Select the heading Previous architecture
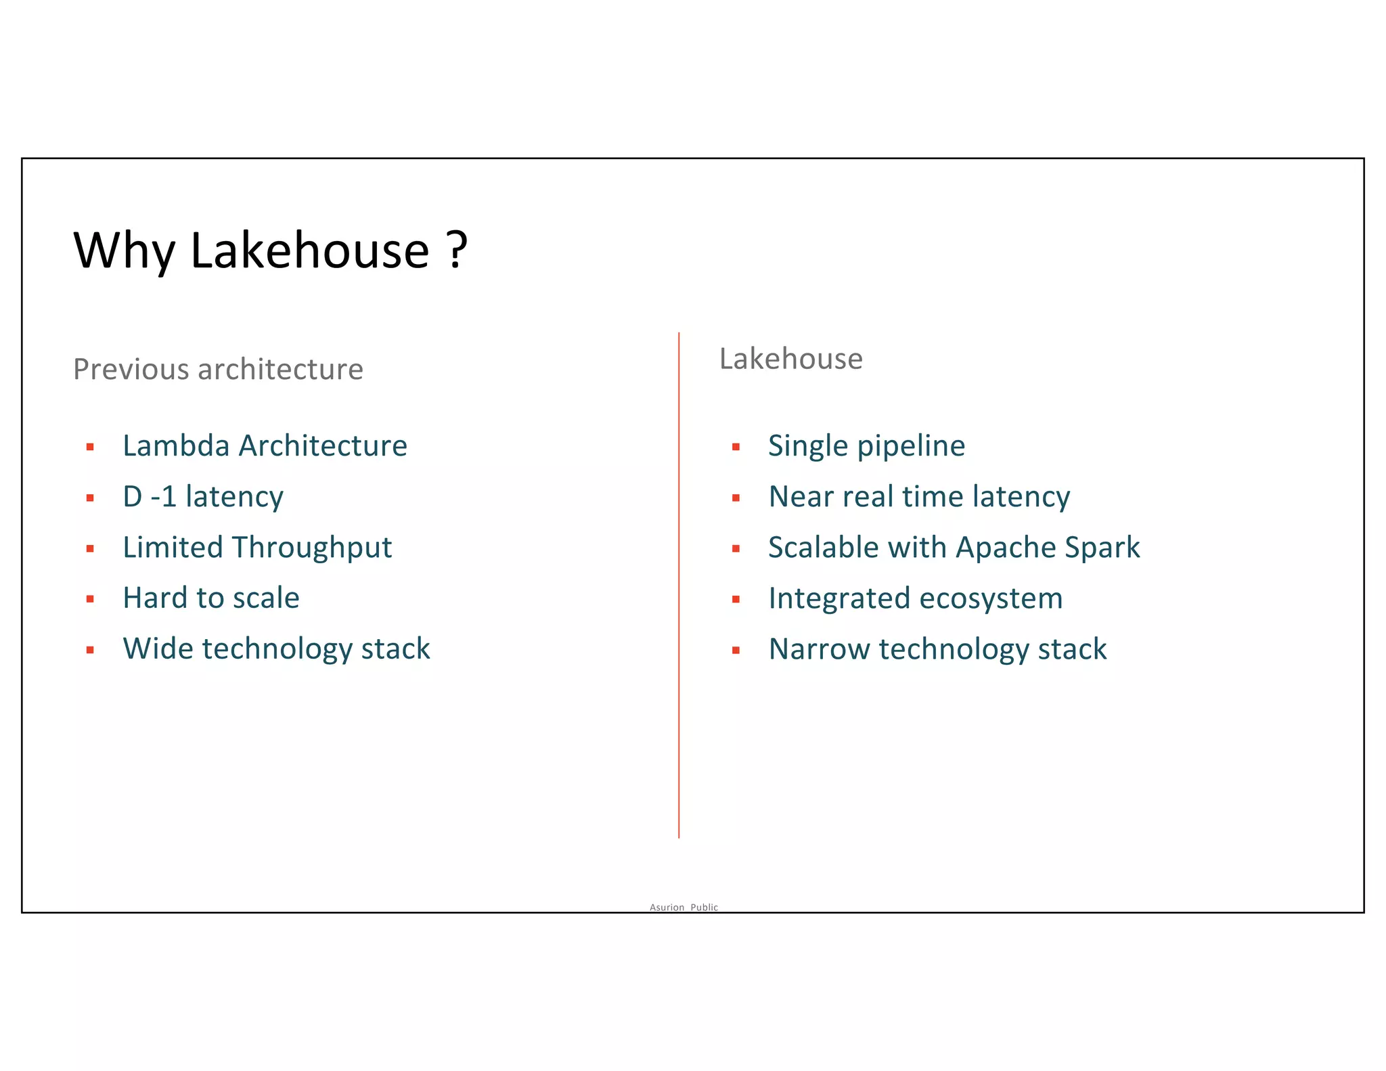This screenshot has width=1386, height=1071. click(218, 370)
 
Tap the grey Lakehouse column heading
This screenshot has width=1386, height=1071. click(790, 359)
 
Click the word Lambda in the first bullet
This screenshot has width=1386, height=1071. click(176, 445)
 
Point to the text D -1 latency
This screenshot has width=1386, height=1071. click(203, 497)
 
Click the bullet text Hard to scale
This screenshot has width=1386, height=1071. click(211, 598)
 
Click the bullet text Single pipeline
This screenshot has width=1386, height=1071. click(866, 446)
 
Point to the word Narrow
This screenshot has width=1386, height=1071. click(819, 649)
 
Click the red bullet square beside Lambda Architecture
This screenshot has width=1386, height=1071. click(90, 447)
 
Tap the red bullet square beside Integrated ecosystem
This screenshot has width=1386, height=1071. click(736, 599)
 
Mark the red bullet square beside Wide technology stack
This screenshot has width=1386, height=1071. click(90, 650)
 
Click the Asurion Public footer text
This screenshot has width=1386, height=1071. click(684, 907)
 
